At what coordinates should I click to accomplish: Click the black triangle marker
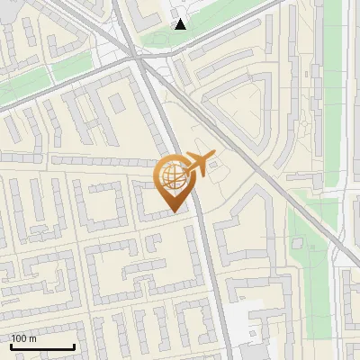tap(182, 23)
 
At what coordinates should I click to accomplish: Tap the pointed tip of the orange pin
tap(174, 211)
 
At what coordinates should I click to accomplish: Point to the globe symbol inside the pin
tap(173, 175)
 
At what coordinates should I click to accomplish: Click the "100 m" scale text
tap(23, 338)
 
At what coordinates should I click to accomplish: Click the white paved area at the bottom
tap(241, 324)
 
